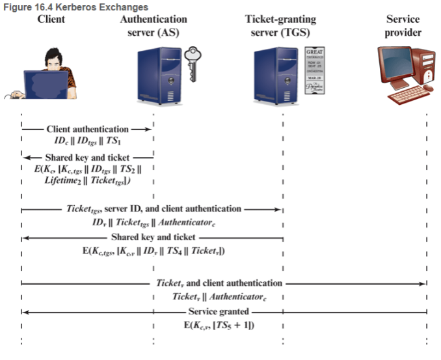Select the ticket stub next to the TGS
(315, 71)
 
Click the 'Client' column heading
(51, 20)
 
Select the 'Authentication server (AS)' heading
(154, 26)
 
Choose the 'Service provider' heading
(403, 26)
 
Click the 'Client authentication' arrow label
(87, 129)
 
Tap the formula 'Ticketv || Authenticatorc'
(219, 297)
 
